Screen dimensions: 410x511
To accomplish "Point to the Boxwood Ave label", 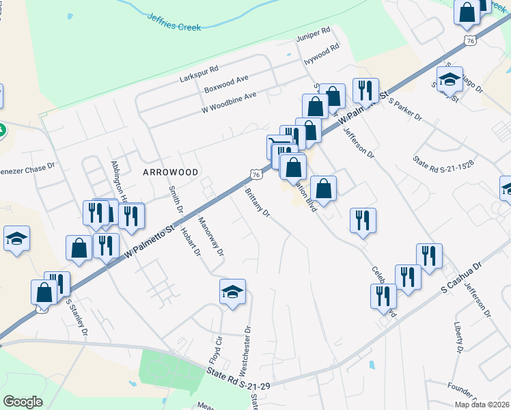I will point(226,85).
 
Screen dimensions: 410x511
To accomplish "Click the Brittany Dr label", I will point(258,202).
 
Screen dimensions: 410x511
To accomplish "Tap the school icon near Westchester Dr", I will point(232,292).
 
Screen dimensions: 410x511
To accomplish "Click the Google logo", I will point(23,402).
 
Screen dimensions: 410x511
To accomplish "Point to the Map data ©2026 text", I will point(482,405).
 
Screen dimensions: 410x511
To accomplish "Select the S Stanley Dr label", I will point(79,318).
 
